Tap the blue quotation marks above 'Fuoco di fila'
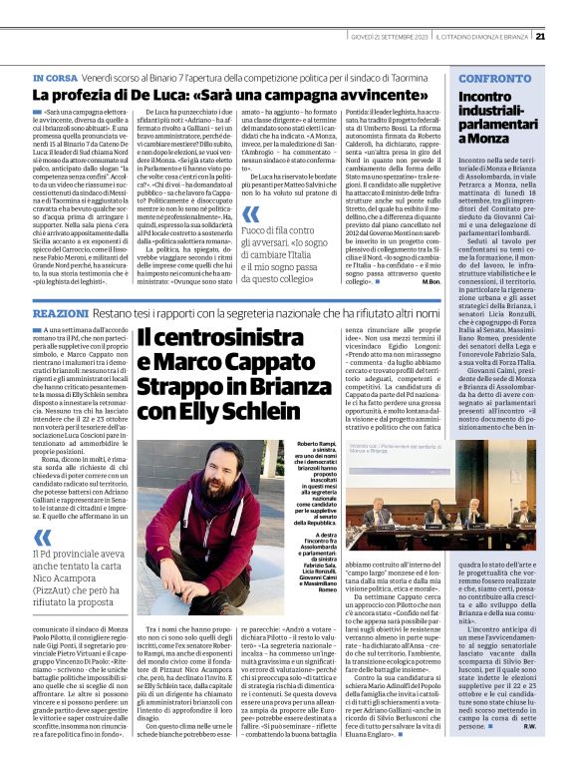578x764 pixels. (251, 214)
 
